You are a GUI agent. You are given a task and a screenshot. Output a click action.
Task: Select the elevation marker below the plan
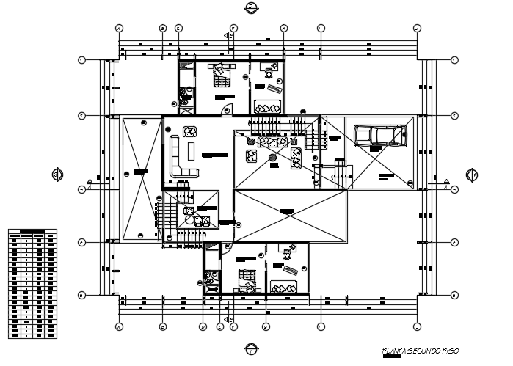click(x=252, y=348)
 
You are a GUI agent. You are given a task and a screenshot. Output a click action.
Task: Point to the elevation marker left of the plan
click(x=57, y=174)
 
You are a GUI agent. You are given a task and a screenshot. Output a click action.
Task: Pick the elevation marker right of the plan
click(x=473, y=175)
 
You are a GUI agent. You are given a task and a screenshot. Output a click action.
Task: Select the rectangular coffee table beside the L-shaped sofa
click(x=192, y=151)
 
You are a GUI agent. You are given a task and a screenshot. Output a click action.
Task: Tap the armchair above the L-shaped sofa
click(x=190, y=132)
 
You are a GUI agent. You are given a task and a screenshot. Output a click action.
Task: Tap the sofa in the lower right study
click(x=284, y=287)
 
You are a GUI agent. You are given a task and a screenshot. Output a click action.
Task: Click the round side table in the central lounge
click(x=273, y=156)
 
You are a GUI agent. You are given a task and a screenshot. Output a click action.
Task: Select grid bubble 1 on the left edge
click(x=82, y=59)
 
